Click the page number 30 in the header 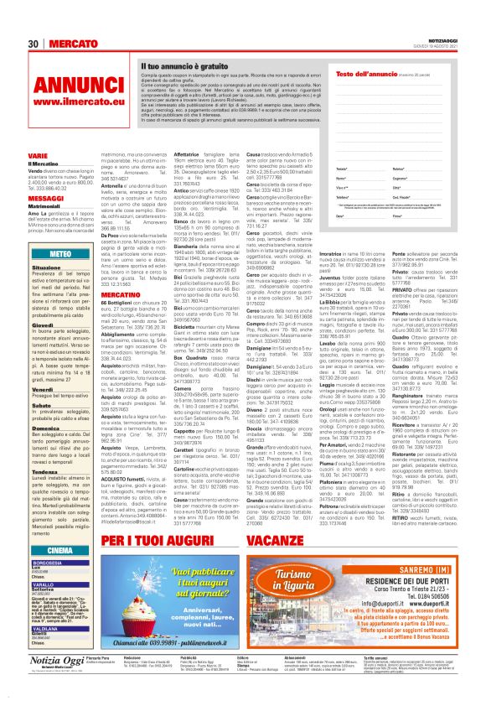click(x=34, y=43)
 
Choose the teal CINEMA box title click(x=61, y=549)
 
